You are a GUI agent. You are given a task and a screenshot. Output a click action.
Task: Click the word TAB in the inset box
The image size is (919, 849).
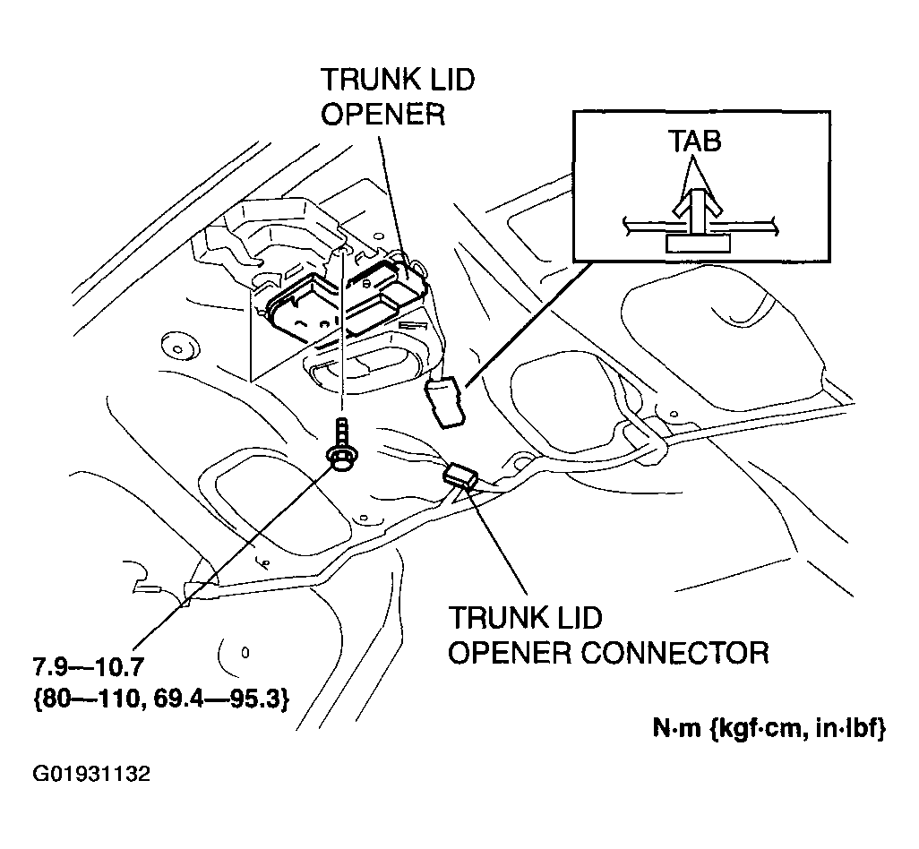pyautogui.click(x=695, y=141)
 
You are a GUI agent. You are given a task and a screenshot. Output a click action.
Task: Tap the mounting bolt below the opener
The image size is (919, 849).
pyautogui.click(x=341, y=449)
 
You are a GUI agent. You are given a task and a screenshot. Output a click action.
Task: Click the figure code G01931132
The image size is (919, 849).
pyautogui.click(x=91, y=773)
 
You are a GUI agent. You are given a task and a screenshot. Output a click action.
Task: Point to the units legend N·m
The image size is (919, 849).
pyautogui.click(x=675, y=730)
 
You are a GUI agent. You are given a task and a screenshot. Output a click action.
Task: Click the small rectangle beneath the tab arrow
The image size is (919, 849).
pyautogui.click(x=697, y=244)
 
